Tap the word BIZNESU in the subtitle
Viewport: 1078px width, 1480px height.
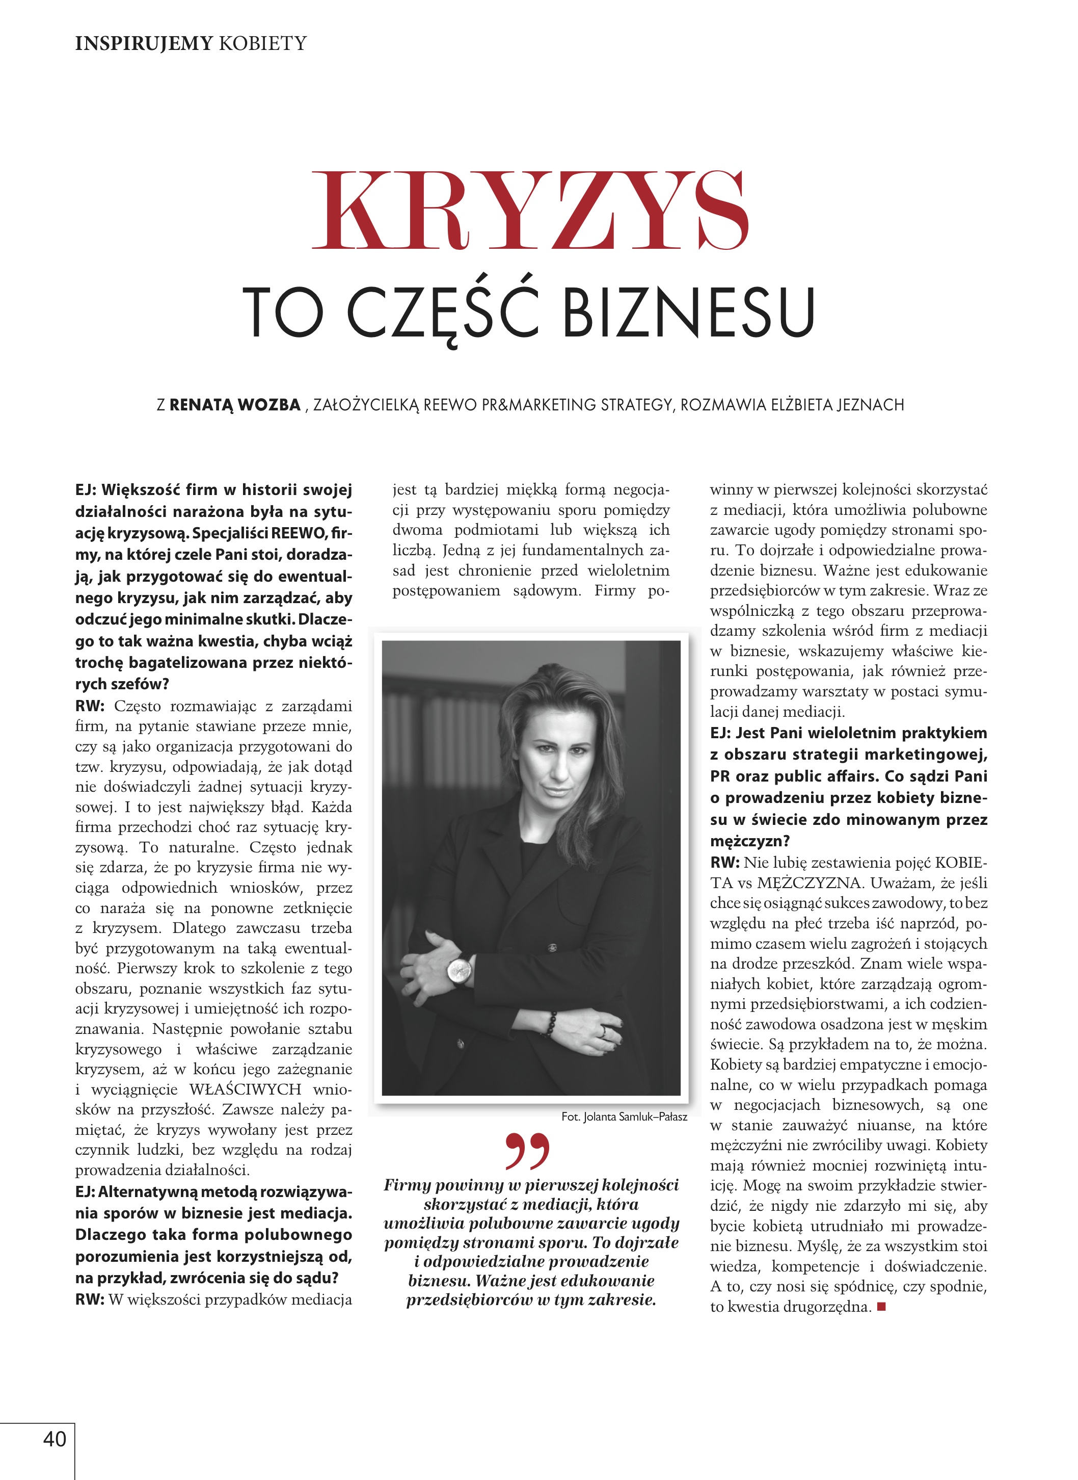click(x=688, y=312)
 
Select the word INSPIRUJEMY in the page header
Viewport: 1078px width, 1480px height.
click(x=144, y=44)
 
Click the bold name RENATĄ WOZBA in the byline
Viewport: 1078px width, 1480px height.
click(x=235, y=405)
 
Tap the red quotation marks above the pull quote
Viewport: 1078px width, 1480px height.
click(x=527, y=1152)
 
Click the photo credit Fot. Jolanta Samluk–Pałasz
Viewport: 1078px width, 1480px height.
click(x=624, y=1117)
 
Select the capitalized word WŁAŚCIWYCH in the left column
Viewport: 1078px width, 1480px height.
click(x=246, y=1089)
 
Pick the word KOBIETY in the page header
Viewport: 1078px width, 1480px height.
click(x=262, y=44)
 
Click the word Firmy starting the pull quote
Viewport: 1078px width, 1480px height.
click(x=407, y=1185)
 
